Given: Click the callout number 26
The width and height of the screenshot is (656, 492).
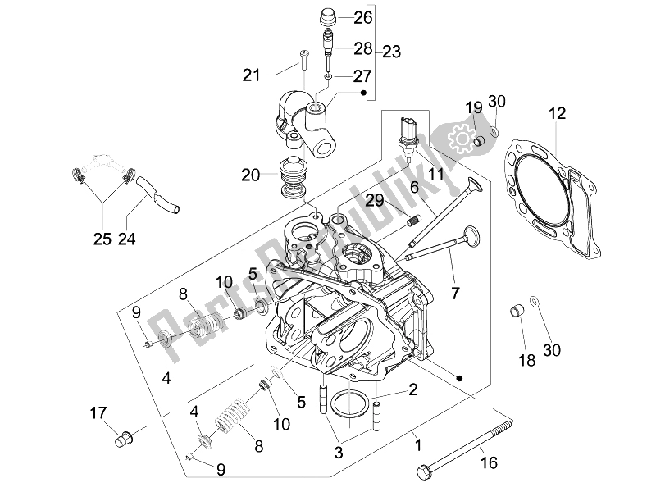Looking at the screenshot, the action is (362, 17).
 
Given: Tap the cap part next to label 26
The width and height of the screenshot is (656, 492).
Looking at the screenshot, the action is (330, 17).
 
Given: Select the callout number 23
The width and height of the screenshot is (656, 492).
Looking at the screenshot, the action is (391, 52).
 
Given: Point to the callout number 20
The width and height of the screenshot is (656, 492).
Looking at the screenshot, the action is (251, 175).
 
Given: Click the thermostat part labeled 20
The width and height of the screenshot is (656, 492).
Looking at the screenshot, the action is (293, 177).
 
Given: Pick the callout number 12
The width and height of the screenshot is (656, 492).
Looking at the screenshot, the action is (558, 113).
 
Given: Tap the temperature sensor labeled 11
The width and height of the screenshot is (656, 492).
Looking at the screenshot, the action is (408, 139).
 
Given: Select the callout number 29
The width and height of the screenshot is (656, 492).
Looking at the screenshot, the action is (375, 200).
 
